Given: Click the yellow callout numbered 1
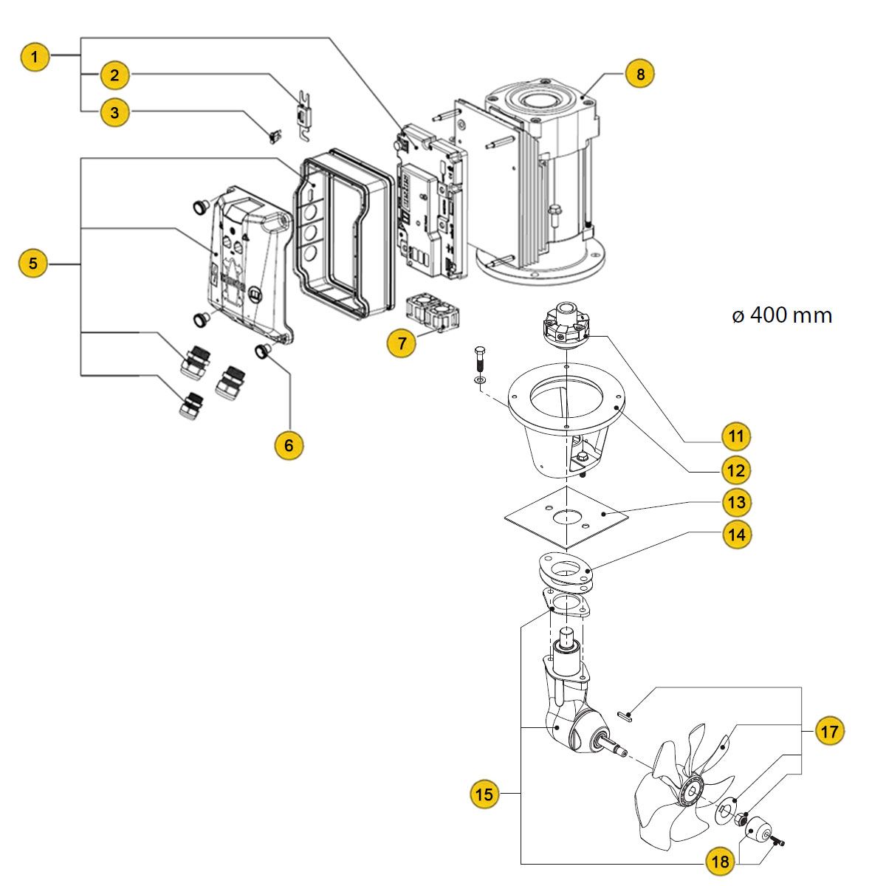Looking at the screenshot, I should click(36, 56).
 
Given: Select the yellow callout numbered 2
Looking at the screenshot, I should click(114, 75).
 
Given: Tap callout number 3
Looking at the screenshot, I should click(114, 113).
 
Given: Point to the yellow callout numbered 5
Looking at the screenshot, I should click(33, 263).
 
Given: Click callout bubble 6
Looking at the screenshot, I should click(289, 444).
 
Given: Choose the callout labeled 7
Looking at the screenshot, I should click(402, 343).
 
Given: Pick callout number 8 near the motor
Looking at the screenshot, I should click(639, 74).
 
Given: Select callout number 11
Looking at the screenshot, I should click(735, 436).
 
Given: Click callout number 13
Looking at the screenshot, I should click(735, 503).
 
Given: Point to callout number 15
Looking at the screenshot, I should click(484, 794).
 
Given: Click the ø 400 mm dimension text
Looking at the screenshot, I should click(781, 316).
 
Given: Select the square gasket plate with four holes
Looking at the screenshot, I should click(566, 518).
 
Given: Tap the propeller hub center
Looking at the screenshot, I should click(693, 792).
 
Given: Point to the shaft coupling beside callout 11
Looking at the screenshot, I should click(564, 327).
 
